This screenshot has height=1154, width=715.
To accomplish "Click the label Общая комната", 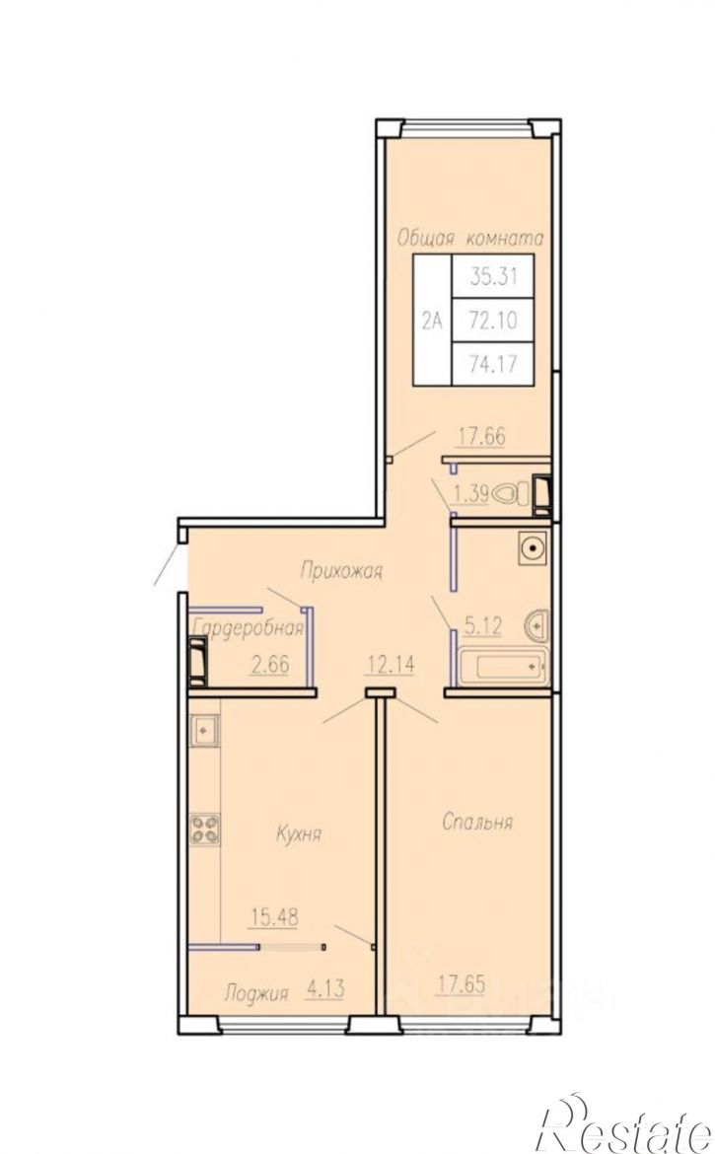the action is [470, 238].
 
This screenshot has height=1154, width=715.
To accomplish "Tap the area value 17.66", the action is [482, 436].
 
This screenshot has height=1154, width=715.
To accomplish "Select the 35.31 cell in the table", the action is [493, 277].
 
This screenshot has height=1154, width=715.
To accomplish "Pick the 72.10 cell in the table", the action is [493, 321].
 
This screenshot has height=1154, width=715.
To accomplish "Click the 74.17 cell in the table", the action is [493, 364].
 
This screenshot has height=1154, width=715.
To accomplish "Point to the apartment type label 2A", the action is [432, 321].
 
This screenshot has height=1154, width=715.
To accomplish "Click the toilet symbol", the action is [513, 493].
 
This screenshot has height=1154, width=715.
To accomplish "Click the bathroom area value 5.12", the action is [483, 626].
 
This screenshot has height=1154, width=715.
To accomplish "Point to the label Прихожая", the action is [341, 570].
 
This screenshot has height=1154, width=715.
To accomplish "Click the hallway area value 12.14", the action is [391, 665].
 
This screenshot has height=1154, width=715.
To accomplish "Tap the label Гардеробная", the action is [248, 627].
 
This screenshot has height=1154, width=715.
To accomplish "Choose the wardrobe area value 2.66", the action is [270, 665].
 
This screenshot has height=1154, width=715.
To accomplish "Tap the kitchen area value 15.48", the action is [274, 917].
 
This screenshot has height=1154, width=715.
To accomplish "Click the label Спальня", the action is [476, 822].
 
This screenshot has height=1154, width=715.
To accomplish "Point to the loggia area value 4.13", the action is [325, 988].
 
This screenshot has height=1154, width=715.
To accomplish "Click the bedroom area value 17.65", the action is [460, 984].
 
